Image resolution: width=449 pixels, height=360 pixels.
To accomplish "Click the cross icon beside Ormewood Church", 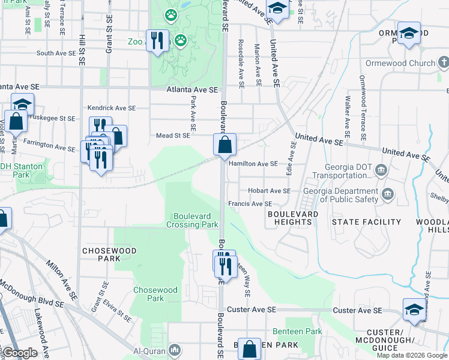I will coord(444,62).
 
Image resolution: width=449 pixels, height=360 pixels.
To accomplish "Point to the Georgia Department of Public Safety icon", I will coord(387,193).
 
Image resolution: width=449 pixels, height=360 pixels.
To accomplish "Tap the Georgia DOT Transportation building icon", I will coord(380,171).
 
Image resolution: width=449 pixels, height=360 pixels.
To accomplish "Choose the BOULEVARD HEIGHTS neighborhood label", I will coord(290,218).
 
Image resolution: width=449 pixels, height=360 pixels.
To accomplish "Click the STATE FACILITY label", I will coord(366,222).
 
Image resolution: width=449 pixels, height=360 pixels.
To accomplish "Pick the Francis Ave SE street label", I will coord(250,204).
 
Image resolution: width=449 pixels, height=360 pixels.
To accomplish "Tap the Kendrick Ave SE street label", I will coord(112,108).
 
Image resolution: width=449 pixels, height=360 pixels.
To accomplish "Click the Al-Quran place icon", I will coord(174,349).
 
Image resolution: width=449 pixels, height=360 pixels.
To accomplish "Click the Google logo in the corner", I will coord(20,353).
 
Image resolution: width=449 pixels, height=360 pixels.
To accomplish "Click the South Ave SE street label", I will coord(55,53).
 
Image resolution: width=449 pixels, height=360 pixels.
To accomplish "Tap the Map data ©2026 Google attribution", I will coord(411,355).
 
